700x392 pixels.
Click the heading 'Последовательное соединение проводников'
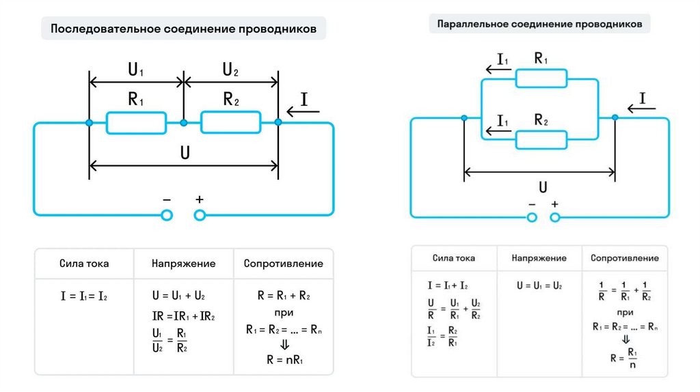click(184, 30)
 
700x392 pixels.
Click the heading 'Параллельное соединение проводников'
click(539, 25)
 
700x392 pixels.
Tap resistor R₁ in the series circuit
click(136, 123)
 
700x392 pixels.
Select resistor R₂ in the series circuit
click(230, 123)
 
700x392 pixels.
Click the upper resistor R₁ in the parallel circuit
click(541, 79)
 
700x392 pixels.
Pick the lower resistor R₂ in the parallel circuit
click(541, 139)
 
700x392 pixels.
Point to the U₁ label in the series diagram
click(136, 70)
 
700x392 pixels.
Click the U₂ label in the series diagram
click(230, 70)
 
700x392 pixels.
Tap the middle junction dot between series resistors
click(183, 123)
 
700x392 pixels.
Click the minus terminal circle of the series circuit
click(166, 215)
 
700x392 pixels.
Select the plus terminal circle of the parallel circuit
click(555, 218)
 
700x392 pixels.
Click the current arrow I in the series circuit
click(299, 106)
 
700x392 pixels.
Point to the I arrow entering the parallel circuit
click(640, 102)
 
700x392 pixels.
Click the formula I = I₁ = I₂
click(84, 296)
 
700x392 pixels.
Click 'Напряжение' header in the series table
click(183, 264)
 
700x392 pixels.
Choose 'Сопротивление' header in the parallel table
click(625, 258)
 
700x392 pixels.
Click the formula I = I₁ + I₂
click(448, 286)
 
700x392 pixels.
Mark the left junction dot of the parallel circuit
click(464, 118)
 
